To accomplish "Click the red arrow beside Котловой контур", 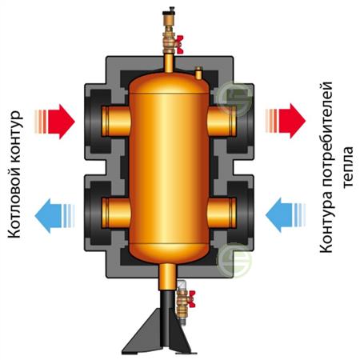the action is pos(54,122).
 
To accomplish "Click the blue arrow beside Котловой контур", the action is pos(54,216).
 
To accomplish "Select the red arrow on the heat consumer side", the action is pos(286,121).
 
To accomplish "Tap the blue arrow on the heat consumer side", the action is pos(286,215).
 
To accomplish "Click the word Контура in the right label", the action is pos(326,228).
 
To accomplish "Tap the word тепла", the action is pos(348,167).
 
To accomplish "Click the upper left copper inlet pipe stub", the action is pos(116,122).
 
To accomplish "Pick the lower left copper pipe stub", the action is pos(116,213).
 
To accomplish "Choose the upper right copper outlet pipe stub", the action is pos(222,122).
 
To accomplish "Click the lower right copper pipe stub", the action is pos(222,213).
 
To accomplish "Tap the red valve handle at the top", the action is pos(179,44).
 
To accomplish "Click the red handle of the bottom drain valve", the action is pos(191,299).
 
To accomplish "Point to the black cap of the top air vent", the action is pos(169,13).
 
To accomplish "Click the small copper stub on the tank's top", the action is pos(198,74).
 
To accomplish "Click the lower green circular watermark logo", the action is pos(234,260).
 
